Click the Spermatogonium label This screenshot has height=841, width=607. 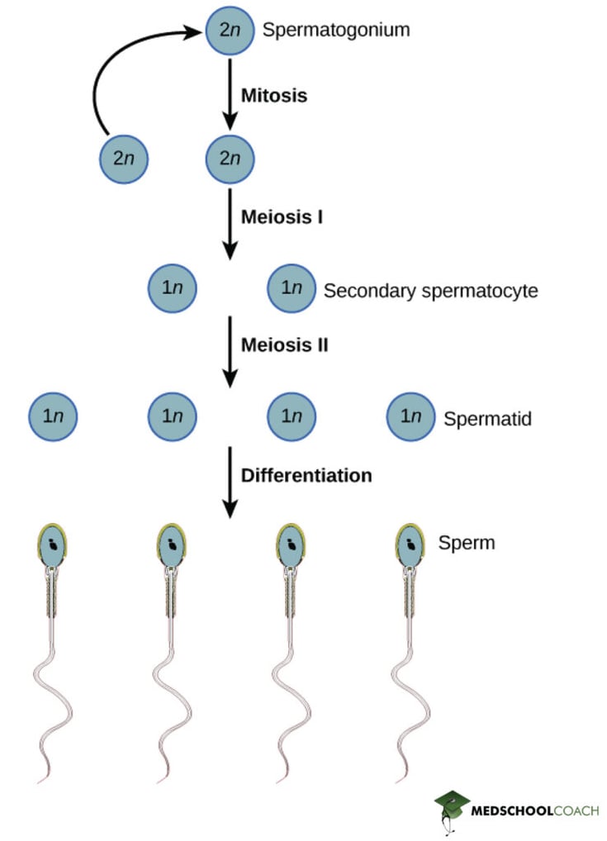335,31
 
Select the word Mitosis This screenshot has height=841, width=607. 273,96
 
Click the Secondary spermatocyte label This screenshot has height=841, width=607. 430,291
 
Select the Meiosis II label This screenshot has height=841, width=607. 283,344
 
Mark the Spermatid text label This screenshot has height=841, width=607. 487,419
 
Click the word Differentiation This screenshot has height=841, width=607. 306,476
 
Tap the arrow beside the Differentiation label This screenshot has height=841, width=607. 230,484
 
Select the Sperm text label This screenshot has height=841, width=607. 467,543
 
